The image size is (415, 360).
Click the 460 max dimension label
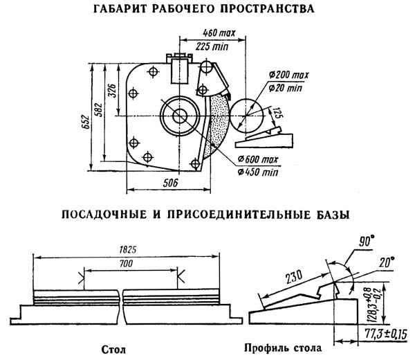[219, 33]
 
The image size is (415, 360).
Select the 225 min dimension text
[212, 46]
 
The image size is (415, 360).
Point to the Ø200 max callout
[288, 75]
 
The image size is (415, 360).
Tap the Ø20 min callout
[285, 88]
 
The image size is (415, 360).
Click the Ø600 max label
[258, 159]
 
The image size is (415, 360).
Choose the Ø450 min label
[258, 172]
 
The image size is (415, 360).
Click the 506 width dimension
[170, 183]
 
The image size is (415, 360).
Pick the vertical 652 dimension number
[86, 122]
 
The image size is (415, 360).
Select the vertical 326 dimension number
[112, 91]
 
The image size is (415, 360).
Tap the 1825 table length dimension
[127, 250]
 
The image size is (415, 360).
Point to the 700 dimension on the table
[127, 264]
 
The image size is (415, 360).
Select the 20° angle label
[387, 262]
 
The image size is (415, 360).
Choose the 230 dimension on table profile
[294, 277]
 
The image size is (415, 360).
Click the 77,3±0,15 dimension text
[386, 334]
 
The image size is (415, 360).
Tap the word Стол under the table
[114, 350]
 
